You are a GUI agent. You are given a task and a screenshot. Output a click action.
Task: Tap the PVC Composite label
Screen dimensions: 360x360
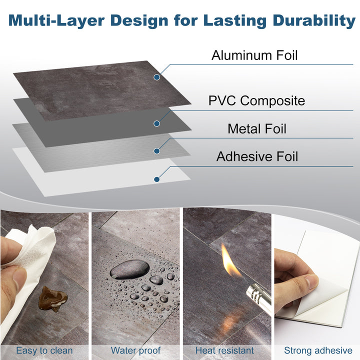(256, 100)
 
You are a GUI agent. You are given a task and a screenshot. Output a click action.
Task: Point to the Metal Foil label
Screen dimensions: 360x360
(257, 128)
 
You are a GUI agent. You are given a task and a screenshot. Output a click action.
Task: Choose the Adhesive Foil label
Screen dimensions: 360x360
(257, 156)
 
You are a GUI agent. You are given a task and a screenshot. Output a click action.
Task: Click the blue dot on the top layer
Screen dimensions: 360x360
(157, 77)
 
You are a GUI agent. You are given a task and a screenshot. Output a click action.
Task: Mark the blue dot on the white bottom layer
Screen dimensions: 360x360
(157, 179)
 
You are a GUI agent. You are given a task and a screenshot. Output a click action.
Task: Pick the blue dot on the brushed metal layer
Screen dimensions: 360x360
(157, 150)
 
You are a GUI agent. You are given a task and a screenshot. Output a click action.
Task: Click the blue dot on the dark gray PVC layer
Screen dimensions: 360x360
(157, 123)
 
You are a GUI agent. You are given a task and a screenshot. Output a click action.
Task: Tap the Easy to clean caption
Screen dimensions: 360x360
(44, 350)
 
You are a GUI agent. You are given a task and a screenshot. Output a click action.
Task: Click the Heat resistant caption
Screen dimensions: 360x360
(224, 350)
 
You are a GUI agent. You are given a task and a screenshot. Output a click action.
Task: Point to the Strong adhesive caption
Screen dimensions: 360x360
(318, 350)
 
